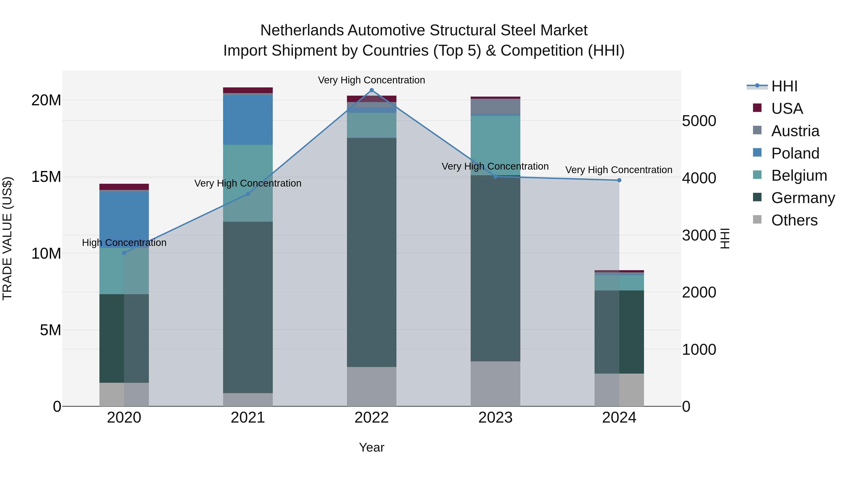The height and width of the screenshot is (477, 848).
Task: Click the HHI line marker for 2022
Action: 372,90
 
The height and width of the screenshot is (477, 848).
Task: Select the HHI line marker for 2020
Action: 124,253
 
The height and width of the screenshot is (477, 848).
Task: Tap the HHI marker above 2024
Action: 619,180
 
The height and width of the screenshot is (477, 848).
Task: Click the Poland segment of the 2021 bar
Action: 248,120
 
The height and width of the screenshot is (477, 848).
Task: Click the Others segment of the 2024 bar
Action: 619,390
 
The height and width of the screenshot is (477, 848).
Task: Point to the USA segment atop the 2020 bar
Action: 124,187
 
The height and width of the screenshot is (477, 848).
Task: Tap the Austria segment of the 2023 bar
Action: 495,107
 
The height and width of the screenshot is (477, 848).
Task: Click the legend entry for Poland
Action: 795,153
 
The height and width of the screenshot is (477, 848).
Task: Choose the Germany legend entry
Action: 803,198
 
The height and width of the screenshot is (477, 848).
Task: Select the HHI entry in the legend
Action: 784,86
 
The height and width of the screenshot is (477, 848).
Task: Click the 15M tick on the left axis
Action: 46,177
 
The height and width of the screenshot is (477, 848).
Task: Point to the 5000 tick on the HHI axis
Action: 699,121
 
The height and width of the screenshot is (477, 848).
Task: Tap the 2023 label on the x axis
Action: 495,418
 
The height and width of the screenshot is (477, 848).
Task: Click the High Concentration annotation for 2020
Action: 124,243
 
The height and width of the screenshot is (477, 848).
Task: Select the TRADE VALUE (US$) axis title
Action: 7,238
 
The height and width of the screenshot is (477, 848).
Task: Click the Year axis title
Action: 372,447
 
